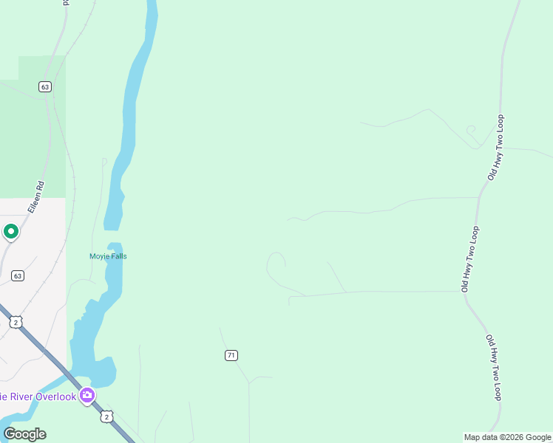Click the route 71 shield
(231, 355)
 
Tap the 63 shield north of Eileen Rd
(45, 87)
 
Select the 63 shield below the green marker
(18, 275)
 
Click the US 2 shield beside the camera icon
(106, 417)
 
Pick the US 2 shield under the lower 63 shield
(16, 322)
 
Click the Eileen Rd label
(36, 198)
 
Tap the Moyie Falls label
(108, 256)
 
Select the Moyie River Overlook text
(38, 396)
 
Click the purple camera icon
(87, 396)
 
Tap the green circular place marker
(11, 233)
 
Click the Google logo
(25, 434)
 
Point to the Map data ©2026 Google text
(507, 437)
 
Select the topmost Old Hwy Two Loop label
(495, 148)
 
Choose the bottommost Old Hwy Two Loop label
(493, 368)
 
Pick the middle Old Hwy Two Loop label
(470, 258)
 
